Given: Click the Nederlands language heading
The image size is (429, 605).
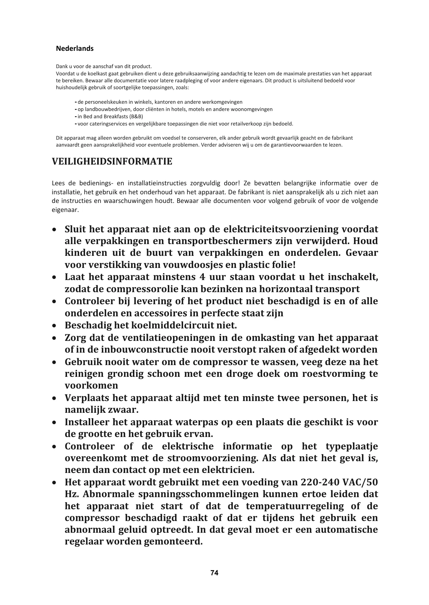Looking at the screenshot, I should tap(75, 49).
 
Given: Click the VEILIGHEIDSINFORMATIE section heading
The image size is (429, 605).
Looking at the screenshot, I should tap(112, 162).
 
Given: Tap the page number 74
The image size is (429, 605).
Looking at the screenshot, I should tap(214, 573).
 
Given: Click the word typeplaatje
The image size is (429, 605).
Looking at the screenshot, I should tap(352, 446).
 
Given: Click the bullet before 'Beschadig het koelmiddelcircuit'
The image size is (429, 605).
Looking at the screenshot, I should tap(54, 326).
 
